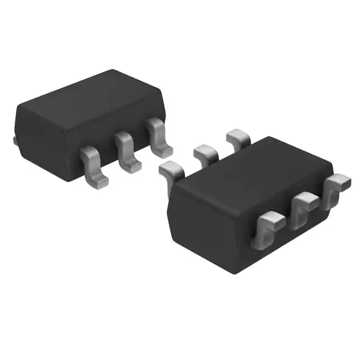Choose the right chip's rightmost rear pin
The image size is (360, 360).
tap(237, 137)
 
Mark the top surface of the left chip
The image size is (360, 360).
tap(84, 96)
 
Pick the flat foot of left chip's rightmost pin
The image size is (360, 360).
tap(165, 151)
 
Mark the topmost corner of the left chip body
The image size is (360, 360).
tap(112, 70)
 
